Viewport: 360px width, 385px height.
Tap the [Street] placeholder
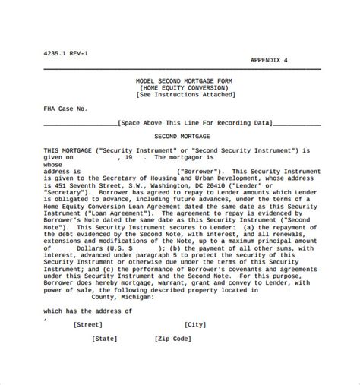[88, 323]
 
